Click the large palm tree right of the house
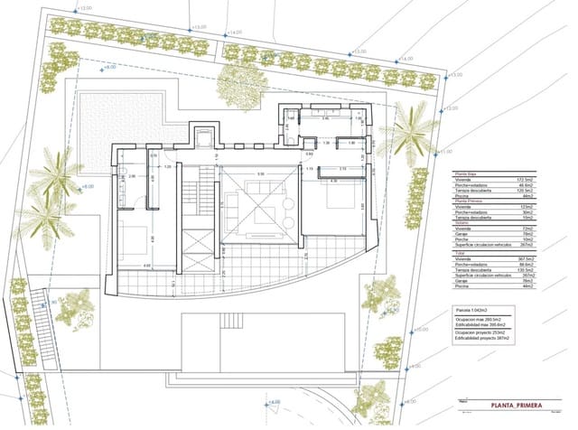(408, 134)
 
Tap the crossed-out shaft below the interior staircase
(196, 245)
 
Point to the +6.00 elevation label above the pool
(108, 68)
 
